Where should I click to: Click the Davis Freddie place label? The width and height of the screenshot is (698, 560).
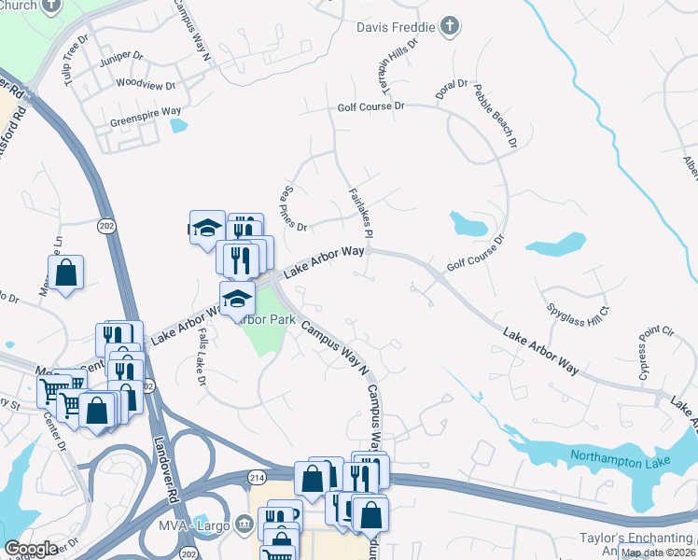pyautogui.click(x=396, y=27)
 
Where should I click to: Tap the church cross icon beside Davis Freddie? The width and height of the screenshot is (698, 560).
pyautogui.click(x=450, y=26)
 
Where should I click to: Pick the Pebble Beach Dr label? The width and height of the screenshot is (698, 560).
pyautogui.click(x=495, y=116)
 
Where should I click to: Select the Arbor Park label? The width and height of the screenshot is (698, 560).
pyautogui.click(x=266, y=319)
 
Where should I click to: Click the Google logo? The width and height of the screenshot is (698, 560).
pyautogui.click(x=31, y=549)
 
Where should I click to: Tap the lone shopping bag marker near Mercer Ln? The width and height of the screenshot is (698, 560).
pyautogui.click(x=65, y=273)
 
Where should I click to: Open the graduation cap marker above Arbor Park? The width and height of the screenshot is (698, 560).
pyautogui.click(x=238, y=300)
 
